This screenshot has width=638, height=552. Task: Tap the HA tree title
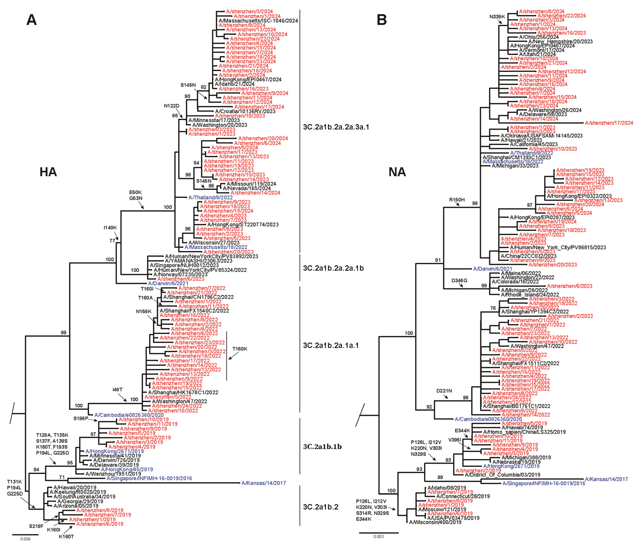48,172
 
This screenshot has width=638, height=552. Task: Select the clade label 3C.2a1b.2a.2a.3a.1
336,127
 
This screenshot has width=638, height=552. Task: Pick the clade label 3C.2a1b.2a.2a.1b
333,268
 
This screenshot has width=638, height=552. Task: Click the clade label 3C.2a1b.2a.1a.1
331,345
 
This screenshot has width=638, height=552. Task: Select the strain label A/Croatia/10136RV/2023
245,111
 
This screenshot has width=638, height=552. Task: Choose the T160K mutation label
240,349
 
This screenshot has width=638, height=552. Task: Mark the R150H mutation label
457,200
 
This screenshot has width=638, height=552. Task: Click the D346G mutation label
459,280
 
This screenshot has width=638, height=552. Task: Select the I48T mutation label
117,390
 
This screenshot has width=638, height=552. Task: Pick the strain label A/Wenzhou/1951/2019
113,474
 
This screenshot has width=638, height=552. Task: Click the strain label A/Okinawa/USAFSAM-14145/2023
541,136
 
